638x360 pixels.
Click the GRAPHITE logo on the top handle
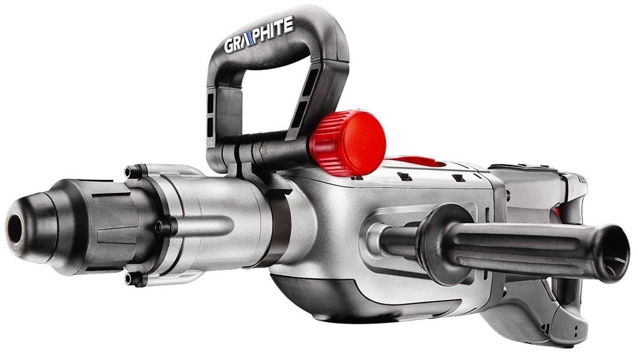pos(259,35)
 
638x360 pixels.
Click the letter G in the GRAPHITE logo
pos(230,45)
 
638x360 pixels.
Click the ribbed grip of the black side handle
pos(529,248)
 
